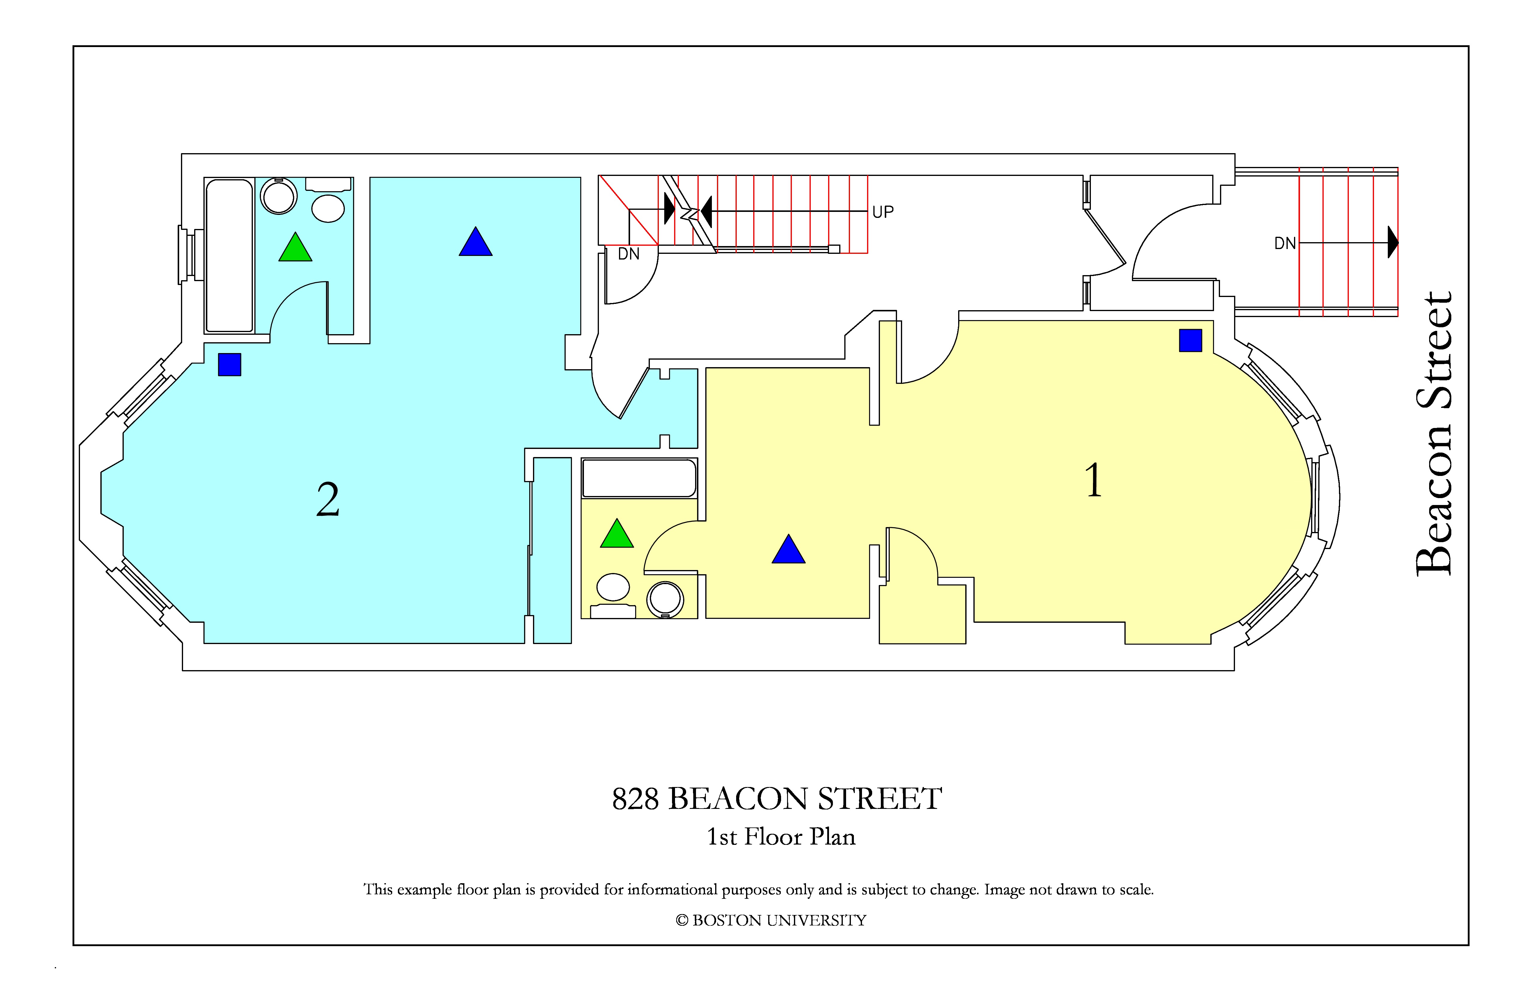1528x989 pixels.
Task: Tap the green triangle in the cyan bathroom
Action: pyautogui.click(x=295, y=247)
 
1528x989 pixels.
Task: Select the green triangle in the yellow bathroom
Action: pyautogui.click(x=617, y=533)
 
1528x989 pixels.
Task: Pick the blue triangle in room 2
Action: pyautogui.click(x=476, y=242)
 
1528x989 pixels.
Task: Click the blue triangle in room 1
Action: pyautogui.click(x=788, y=549)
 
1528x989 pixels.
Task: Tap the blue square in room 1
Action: pyautogui.click(x=1190, y=340)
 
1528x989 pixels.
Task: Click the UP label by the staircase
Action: pyautogui.click(x=883, y=212)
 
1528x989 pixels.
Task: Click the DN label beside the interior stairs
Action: pyautogui.click(x=629, y=254)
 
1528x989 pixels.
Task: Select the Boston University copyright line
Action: pyautogui.click(x=770, y=920)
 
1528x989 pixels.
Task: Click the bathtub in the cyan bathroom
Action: pyautogui.click(x=229, y=256)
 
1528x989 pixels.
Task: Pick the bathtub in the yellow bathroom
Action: pyautogui.click(x=639, y=478)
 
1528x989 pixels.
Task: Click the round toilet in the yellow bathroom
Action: pyautogui.click(x=665, y=599)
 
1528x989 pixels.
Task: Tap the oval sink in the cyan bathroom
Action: pyautogui.click(x=328, y=208)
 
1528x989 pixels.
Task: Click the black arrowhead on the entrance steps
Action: pyautogui.click(x=1393, y=242)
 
